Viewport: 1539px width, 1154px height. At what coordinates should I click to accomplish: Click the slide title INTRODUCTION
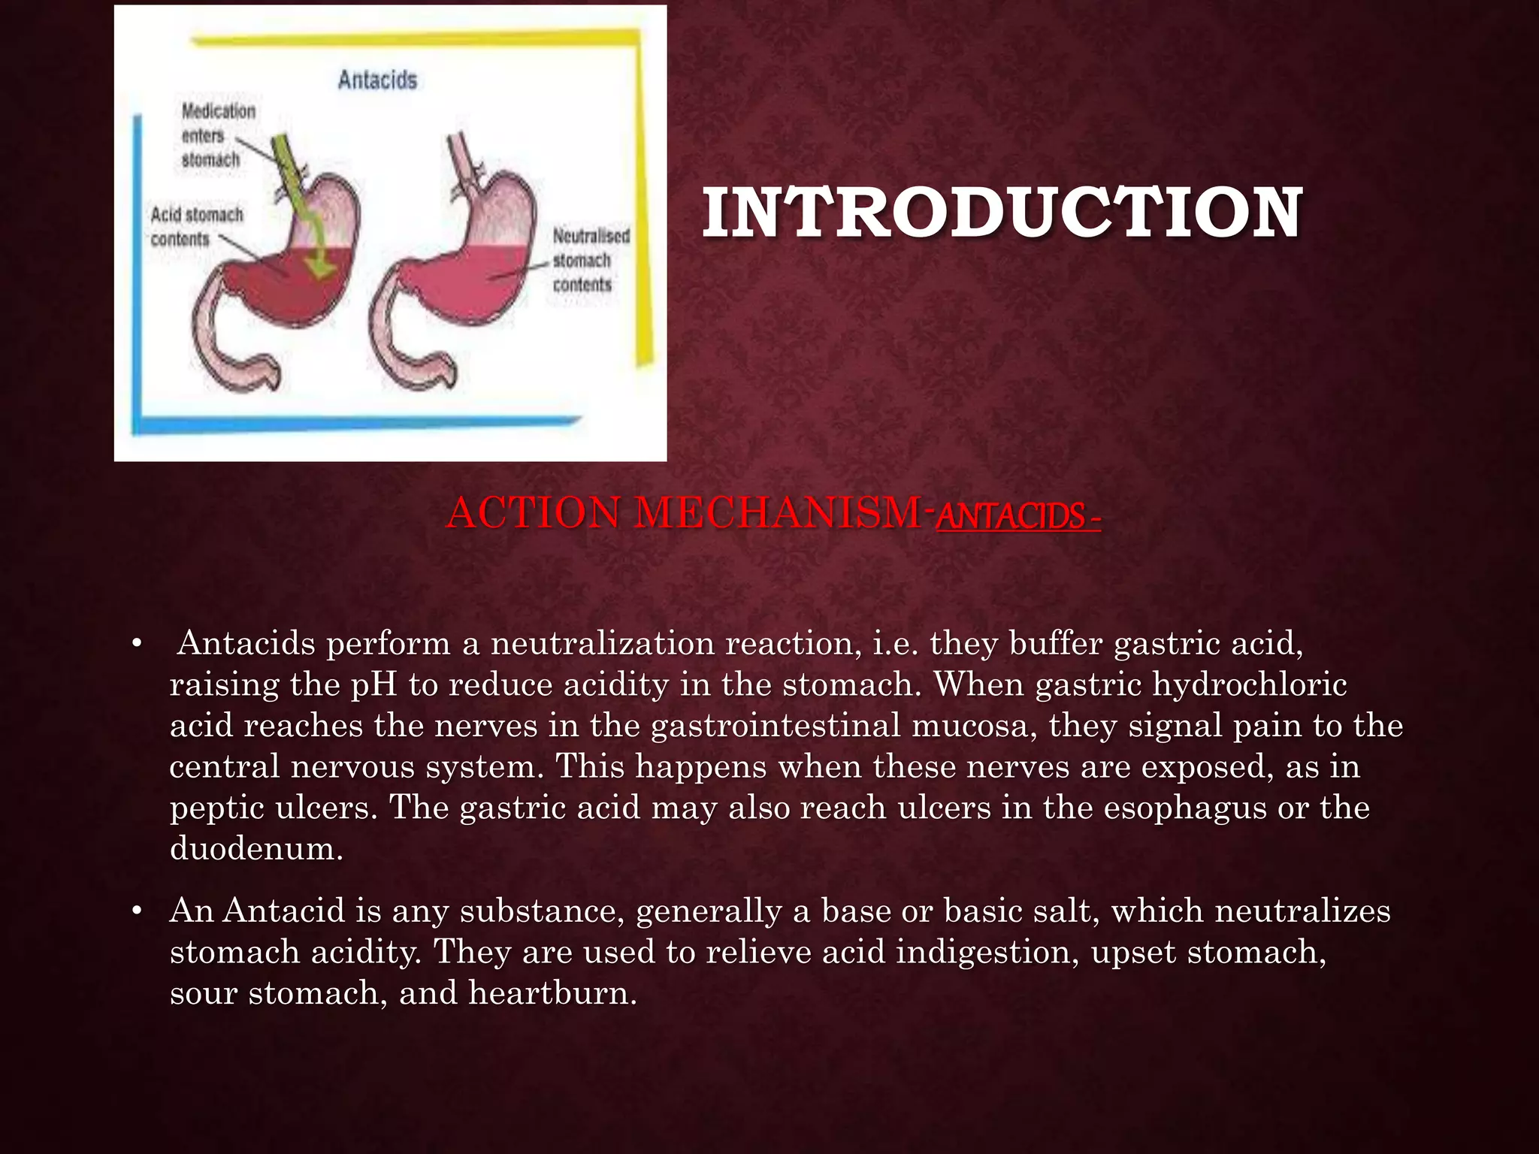tap(1002, 213)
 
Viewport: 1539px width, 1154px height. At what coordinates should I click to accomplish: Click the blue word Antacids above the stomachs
tap(377, 80)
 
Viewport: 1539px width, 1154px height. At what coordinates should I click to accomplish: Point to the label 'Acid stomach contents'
tap(196, 226)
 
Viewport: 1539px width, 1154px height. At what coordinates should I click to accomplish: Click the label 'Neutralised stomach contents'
tap(590, 260)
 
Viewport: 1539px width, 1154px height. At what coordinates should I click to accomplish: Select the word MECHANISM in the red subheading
tap(778, 514)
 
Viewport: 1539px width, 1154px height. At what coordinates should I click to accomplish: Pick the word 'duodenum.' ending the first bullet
tap(256, 849)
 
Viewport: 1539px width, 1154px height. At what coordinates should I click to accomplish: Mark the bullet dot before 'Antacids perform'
tap(136, 645)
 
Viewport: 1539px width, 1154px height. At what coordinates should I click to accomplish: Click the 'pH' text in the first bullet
tap(373, 685)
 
